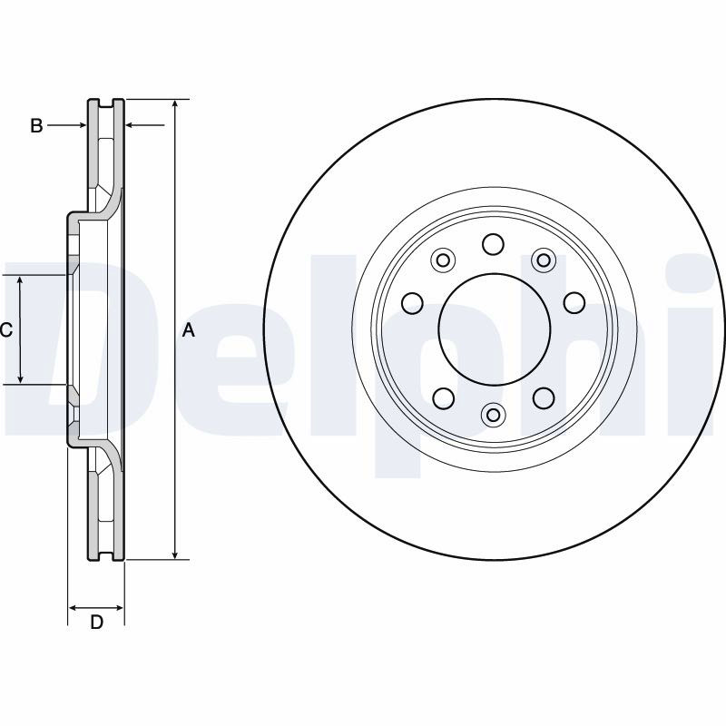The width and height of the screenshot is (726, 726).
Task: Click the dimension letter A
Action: tap(189, 330)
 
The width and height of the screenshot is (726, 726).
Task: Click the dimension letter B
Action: tap(36, 125)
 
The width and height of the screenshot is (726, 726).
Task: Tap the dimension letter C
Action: tap(6, 330)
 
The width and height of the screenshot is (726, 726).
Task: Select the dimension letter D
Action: tap(96, 622)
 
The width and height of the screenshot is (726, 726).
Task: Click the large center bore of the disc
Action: tap(495, 329)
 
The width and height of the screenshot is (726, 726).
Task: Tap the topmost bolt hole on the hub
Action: tap(493, 243)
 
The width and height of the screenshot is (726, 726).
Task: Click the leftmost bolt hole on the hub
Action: tap(412, 303)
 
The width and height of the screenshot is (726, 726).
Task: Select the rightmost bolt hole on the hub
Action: tap(574, 303)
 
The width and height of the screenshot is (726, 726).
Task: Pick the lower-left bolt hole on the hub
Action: tap(443, 398)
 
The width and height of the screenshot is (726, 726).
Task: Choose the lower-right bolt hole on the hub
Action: tap(544, 397)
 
